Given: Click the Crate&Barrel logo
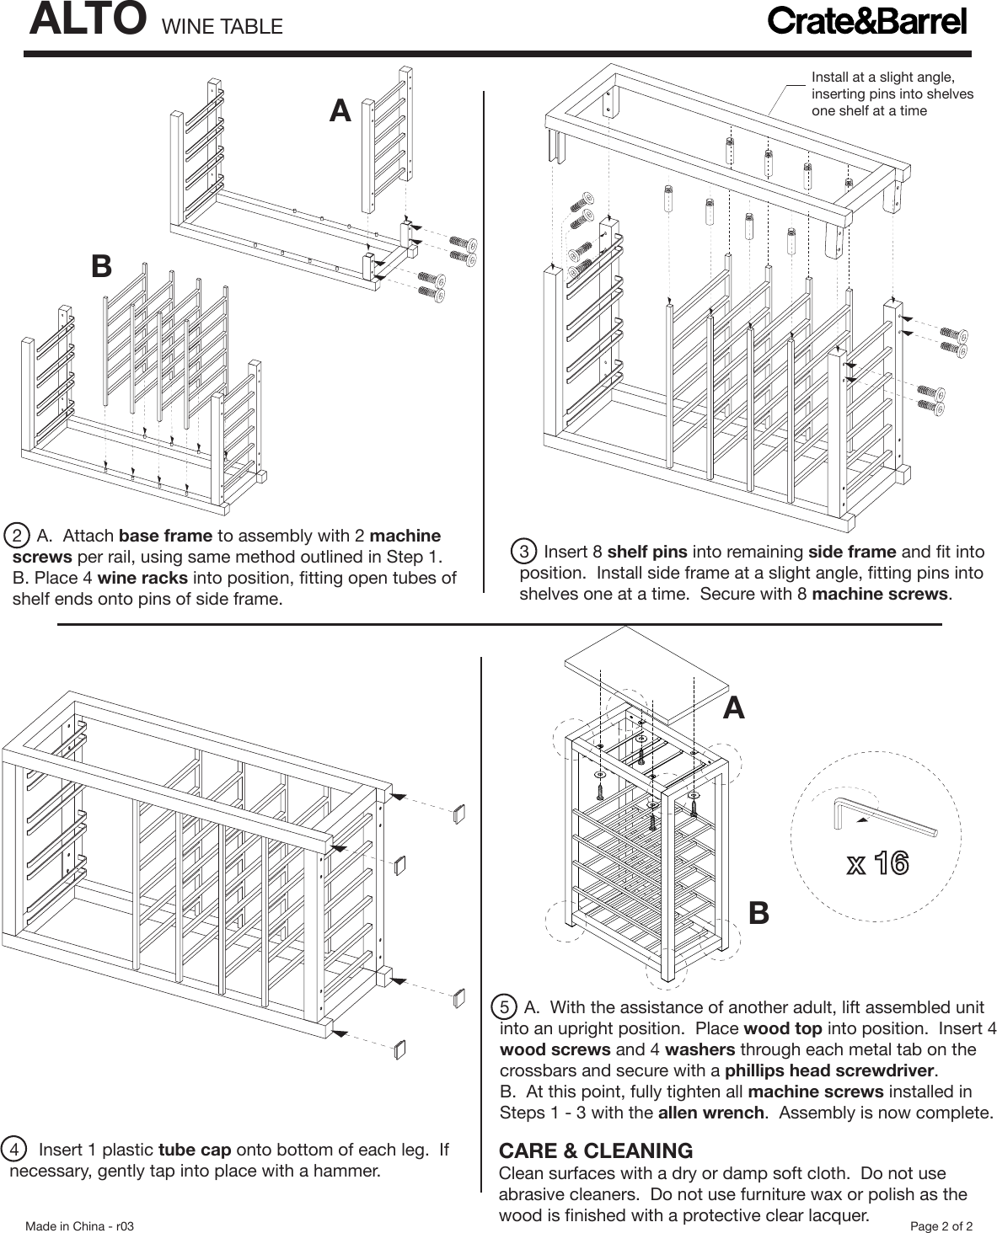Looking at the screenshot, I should click(866, 21).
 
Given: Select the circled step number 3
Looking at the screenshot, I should click(524, 552).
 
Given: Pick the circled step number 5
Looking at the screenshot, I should click(504, 1007).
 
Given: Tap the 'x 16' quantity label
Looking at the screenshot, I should click(876, 863).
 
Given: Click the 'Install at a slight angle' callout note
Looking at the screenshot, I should click(892, 93).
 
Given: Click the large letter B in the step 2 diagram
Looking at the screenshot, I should click(101, 266).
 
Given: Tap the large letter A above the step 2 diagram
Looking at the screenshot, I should click(340, 111).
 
